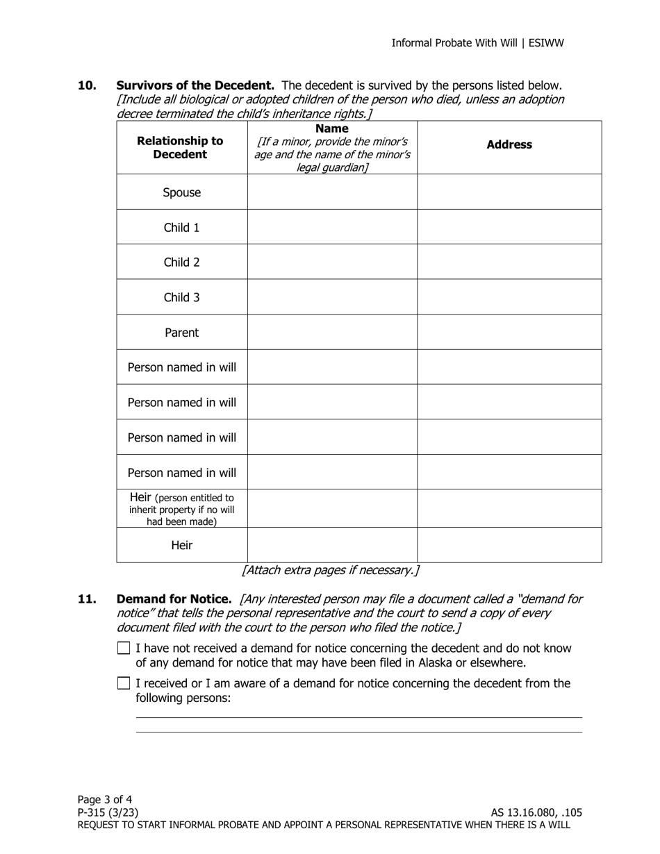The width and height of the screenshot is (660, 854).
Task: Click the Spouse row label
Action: pos(181,192)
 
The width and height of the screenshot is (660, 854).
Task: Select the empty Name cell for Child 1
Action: pos(332,227)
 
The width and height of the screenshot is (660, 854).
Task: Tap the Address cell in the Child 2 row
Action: pos(509,262)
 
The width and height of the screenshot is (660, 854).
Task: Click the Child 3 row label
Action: pos(181,297)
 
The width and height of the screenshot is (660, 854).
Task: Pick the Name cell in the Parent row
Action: pos(332,332)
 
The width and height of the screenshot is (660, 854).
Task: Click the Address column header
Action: pos(509,144)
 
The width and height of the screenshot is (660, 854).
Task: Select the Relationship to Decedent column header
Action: pos(180,147)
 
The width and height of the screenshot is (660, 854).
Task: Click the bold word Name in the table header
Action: pos(331,128)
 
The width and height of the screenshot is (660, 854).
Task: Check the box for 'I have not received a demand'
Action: pos(124,648)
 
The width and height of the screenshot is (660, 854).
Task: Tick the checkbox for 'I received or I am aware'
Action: pos(124,683)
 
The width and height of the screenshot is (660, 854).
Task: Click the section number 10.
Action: pos(87,85)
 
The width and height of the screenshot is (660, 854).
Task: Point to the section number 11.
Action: pos(87,598)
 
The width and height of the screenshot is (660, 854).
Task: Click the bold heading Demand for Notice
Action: pos(174,598)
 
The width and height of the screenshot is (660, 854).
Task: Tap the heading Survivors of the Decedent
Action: pos(195,85)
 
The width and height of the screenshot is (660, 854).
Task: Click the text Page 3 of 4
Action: pos(105,799)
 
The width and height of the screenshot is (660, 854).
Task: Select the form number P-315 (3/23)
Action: pos(108,812)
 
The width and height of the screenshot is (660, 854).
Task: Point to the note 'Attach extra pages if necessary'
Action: pos(331,570)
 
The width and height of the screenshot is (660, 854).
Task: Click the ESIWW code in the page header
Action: pos(547,43)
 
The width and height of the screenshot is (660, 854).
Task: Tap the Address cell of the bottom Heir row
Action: pos(509,545)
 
